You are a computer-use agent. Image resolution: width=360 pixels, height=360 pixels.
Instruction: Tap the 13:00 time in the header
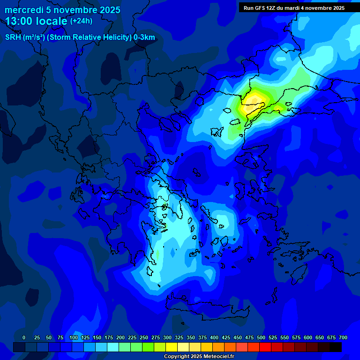tap(20, 21)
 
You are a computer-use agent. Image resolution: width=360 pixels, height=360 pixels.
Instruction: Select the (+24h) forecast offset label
tap(81, 21)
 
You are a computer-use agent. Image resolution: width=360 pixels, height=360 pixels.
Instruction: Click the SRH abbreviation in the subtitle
tap(13, 37)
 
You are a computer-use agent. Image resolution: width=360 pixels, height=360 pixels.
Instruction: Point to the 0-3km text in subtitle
tap(144, 37)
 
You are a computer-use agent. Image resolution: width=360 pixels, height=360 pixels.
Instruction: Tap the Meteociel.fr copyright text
tap(199, 357)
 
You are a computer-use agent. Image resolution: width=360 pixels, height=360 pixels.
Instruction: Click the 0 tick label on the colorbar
tap(24, 337)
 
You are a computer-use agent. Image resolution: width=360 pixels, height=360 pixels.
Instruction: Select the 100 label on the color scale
tap(74, 337)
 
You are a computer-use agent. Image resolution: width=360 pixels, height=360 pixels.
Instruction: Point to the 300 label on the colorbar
tap(167, 337)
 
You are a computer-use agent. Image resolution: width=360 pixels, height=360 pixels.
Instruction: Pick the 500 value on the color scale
tap(261, 337)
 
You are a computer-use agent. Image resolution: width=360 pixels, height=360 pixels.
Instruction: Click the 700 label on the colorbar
tap(343, 337)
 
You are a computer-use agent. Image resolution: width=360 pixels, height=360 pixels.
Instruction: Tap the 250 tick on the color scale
tap(144, 337)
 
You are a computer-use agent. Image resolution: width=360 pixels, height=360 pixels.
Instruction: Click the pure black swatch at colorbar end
tap(336, 347)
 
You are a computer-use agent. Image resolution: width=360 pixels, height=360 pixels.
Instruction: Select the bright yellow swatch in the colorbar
tap(172, 347)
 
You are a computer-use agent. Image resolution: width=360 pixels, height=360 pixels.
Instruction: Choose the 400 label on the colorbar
tap(214, 337)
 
